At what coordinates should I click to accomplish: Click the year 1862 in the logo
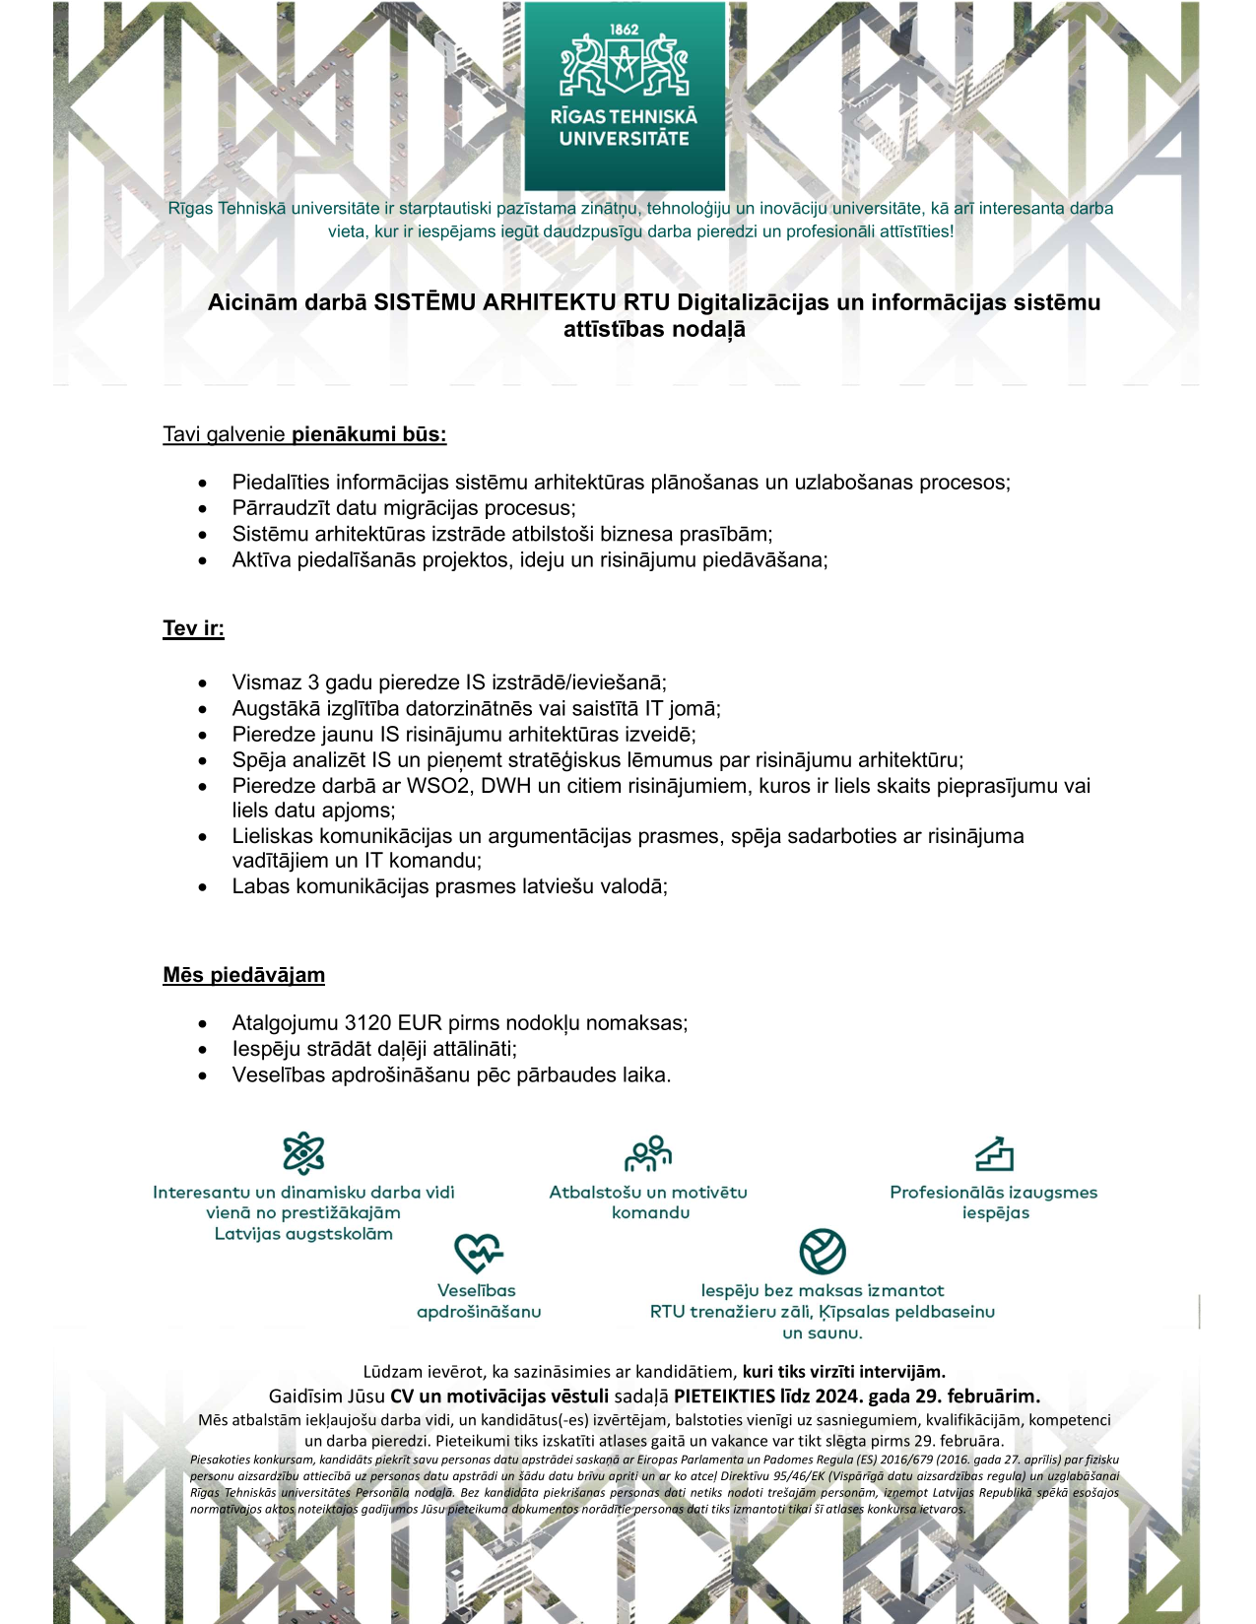pos(624,29)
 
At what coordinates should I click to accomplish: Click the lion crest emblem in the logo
pos(624,66)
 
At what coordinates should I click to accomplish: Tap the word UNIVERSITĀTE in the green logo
pos(624,139)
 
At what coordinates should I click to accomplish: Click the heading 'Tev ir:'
pos(193,628)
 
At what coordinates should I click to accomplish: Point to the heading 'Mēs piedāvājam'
pos(243,975)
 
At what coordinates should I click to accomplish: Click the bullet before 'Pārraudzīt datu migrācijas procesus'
pos(202,509)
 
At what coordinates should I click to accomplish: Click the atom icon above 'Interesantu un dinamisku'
pos(303,1152)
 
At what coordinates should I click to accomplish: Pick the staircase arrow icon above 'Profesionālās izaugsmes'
pos(994,1152)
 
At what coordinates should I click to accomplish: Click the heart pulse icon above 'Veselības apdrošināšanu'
pos(478,1253)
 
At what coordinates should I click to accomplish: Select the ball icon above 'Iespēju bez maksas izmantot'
pos(823,1252)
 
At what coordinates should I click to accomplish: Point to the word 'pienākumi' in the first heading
pos(332,434)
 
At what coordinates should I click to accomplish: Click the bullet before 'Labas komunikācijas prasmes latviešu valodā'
pos(202,887)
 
